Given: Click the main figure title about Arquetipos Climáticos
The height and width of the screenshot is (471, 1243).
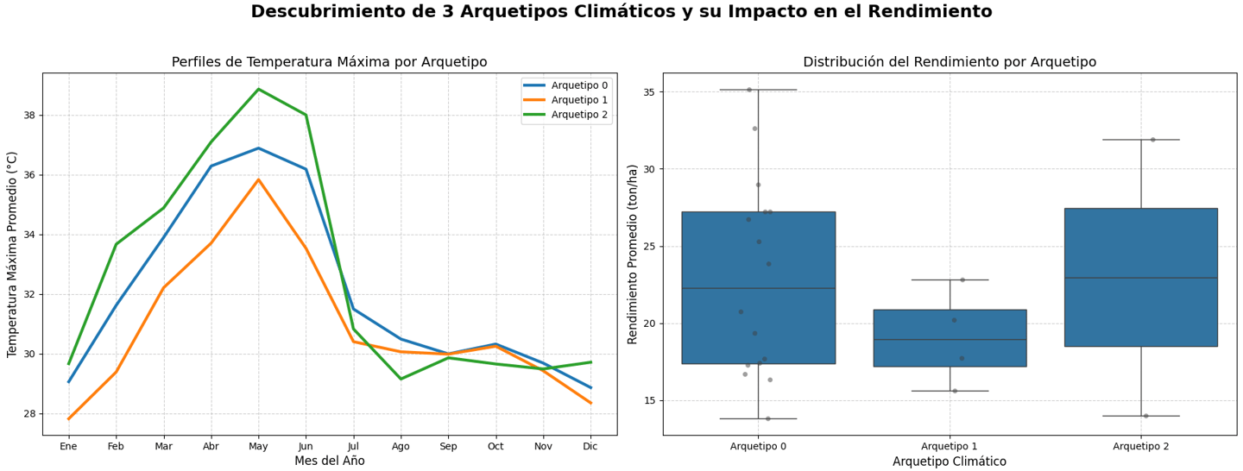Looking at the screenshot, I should point(621,12).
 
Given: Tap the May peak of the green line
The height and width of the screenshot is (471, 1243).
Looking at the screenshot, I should point(258,89).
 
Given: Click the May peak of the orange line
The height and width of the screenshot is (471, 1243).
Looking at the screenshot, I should point(258,179).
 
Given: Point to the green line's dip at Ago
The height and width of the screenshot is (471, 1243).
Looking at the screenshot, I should point(401,379).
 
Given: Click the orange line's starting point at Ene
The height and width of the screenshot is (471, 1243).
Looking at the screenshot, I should point(68,419).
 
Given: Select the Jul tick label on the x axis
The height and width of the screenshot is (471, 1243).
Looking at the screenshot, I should point(353,446).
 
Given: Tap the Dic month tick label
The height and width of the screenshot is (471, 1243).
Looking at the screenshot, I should point(590,446).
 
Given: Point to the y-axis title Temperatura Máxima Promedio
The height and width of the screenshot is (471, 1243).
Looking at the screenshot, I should point(13,254).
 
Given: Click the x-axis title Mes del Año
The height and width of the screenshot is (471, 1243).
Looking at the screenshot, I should point(329,462).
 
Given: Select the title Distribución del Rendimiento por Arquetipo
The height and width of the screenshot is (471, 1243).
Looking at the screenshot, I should point(950,62).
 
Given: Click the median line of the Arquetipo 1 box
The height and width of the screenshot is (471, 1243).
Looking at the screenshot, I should point(950,340).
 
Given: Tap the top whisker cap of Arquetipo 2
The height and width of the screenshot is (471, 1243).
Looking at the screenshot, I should point(1140,140).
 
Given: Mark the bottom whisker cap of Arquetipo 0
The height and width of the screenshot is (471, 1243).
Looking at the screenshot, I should point(758,418).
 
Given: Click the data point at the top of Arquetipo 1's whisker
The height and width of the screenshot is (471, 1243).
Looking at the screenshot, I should point(962,279).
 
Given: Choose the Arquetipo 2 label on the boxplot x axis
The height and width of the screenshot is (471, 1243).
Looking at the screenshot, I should point(1140,446).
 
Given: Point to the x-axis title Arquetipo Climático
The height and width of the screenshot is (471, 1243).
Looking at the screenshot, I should point(950,462).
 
